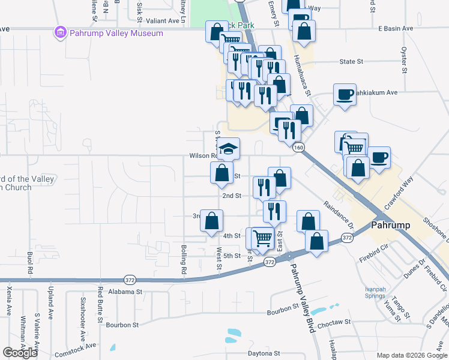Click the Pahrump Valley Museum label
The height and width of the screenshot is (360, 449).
116,33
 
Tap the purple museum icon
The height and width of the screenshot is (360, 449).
61,32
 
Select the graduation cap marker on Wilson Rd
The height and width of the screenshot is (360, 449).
228,149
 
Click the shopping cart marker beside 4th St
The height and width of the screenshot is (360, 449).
262,239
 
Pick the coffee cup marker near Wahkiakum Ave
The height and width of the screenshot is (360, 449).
345,95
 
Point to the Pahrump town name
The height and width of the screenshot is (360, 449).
390,226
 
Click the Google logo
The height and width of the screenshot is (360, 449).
20,353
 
